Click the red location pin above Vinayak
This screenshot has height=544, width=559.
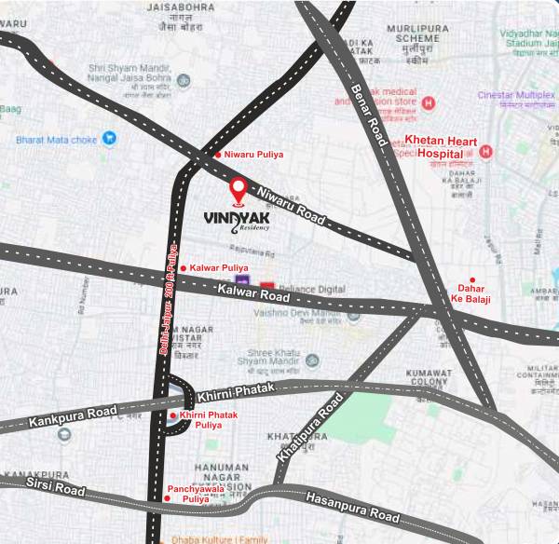coord(239,190)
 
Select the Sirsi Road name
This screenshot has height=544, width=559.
coord(55,485)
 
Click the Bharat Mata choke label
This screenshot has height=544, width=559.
coord(56,141)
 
